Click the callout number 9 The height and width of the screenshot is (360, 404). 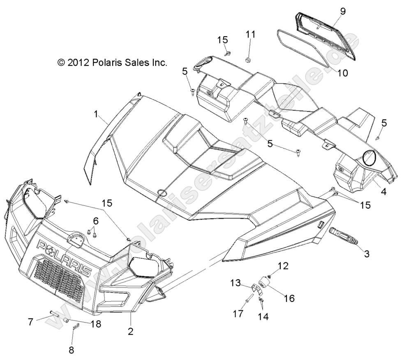tap(343, 11)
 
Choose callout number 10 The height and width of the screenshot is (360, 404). tap(342, 73)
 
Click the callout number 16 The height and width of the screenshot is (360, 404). tap(289, 298)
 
